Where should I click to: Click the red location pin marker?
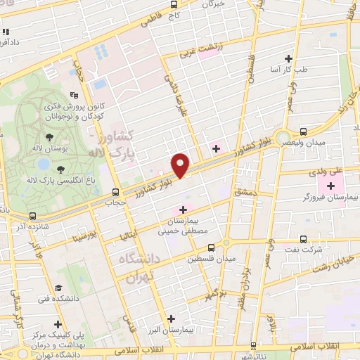(181, 165)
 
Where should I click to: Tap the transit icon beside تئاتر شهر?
(253, 346)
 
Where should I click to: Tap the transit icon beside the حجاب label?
(116, 191)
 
